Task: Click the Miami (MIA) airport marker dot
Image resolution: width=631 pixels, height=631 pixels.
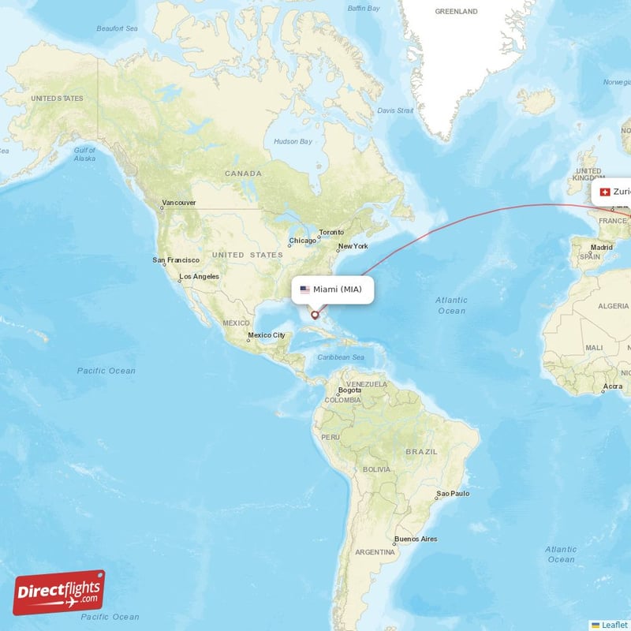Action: pos(315,315)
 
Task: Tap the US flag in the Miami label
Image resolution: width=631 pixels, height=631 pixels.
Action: pos(304,289)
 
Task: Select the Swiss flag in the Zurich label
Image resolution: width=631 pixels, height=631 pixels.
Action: pos(605,192)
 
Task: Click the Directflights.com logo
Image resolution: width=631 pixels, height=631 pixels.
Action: pos(59,592)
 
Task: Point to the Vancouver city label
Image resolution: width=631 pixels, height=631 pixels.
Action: pos(179,203)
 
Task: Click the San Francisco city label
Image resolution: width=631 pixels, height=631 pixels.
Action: pos(176,259)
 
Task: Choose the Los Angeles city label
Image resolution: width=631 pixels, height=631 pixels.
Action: pos(200,276)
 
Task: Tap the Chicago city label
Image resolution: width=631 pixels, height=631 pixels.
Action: pos(302,241)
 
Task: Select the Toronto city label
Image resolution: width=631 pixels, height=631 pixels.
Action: pos(331,233)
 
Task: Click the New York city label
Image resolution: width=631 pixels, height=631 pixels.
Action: pos(353,246)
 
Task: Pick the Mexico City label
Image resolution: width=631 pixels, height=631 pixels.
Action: pos(267,335)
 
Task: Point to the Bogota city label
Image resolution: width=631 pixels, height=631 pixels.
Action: pos(349,390)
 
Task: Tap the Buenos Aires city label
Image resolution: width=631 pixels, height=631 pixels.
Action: pos(416,539)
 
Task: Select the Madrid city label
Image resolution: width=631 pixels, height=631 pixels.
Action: pos(601,247)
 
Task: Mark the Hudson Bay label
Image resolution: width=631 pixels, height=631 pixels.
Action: pos(293,142)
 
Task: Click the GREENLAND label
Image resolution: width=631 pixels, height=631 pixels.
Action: pos(457,12)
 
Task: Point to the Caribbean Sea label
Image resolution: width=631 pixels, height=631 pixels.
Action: pos(341,357)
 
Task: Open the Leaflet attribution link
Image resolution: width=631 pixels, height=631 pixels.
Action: pos(614,625)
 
